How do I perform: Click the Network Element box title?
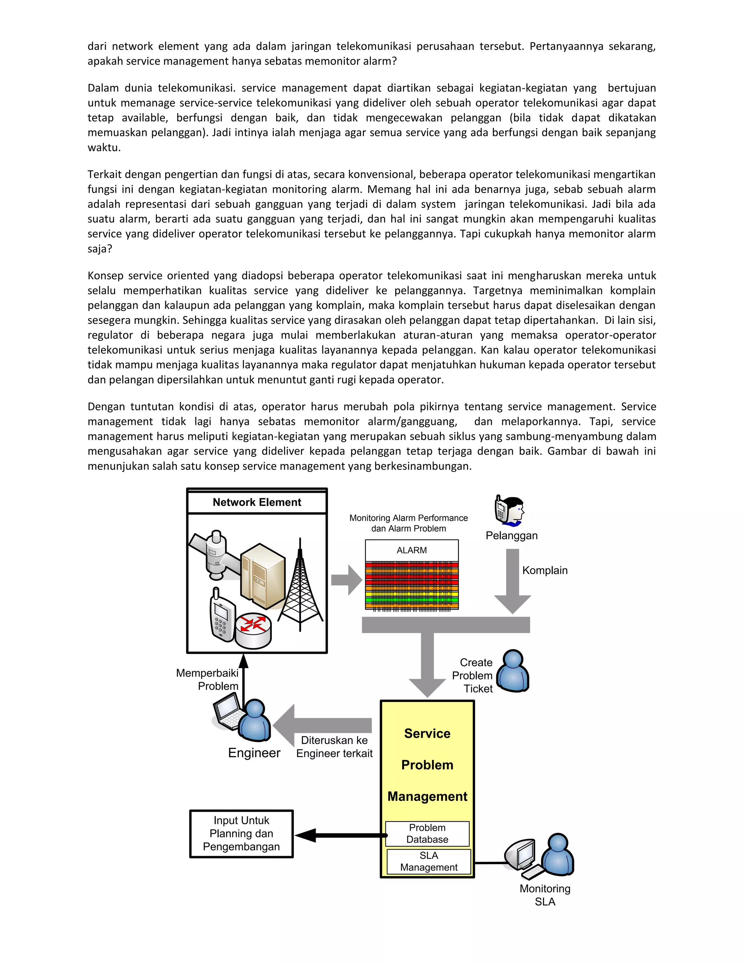[256, 502]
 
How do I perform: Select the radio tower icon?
[300, 587]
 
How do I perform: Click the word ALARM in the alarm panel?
[412, 550]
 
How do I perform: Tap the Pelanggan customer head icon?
[510, 511]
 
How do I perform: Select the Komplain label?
[545, 571]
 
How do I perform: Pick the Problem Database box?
[427, 833]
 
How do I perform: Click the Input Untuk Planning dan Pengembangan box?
[241, 833]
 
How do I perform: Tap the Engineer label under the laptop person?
[254, 753]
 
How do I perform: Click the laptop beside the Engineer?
[227, 710]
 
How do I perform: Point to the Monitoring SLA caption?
[545, 895]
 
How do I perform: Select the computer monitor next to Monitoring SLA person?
[521, 854]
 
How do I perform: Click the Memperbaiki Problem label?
[207, 680]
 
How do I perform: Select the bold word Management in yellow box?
[427, 796]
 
